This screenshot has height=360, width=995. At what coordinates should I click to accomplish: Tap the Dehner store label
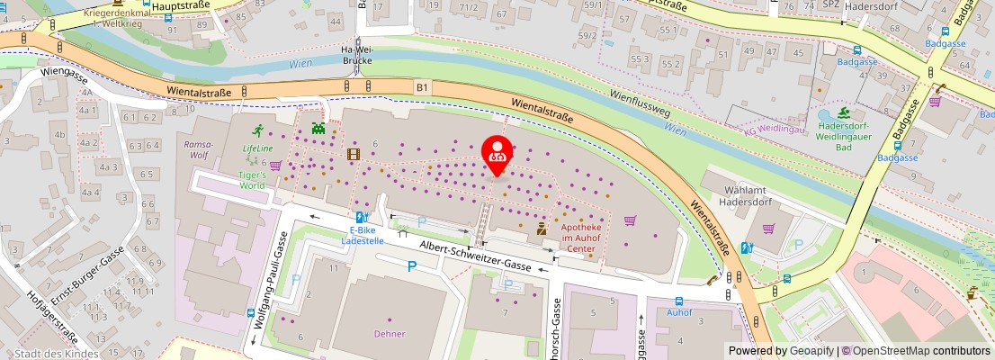[x=390, y=334]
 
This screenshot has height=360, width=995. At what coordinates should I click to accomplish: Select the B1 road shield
[x=422, y=87]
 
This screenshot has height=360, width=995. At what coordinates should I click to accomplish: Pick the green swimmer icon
[x=844, y=112]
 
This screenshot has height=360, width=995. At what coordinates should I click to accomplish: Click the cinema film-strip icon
[x=353, y=154]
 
